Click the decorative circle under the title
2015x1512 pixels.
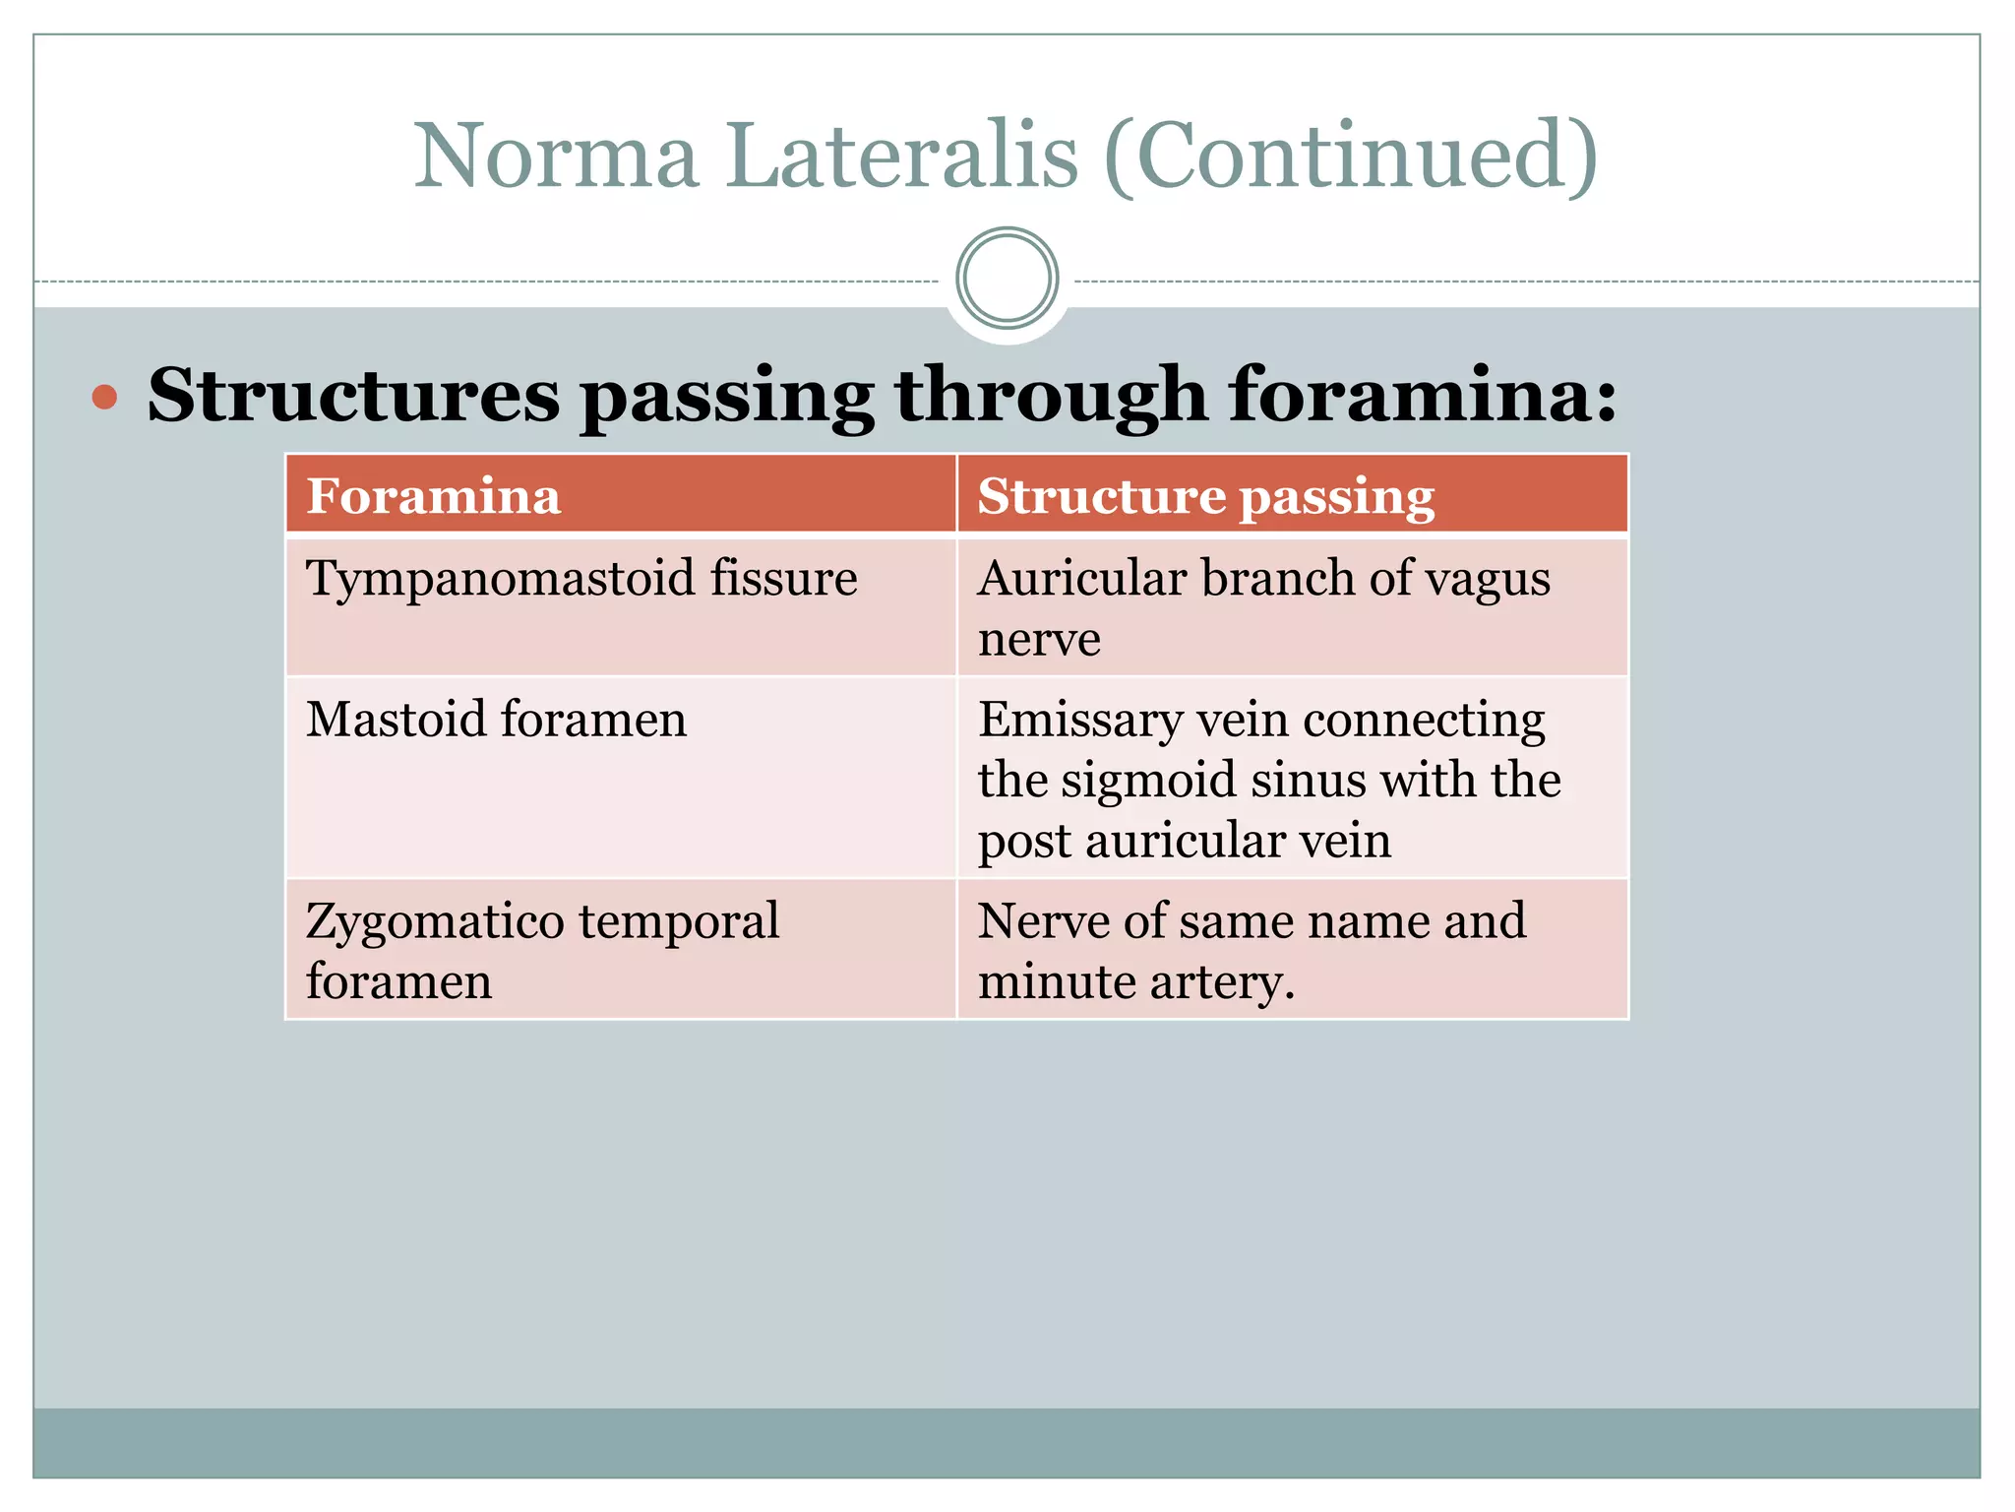click(1007, 279)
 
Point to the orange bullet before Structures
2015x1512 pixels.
click(104, 398)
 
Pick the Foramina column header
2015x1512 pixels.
click(434, 495)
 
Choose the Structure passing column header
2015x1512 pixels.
click(1205, 495)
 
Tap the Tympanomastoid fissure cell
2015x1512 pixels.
click(581, 578)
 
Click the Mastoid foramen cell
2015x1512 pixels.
click(496, 719)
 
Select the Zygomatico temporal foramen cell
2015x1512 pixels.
click(542, 950)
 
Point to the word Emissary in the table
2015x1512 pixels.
click(1080, 721)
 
